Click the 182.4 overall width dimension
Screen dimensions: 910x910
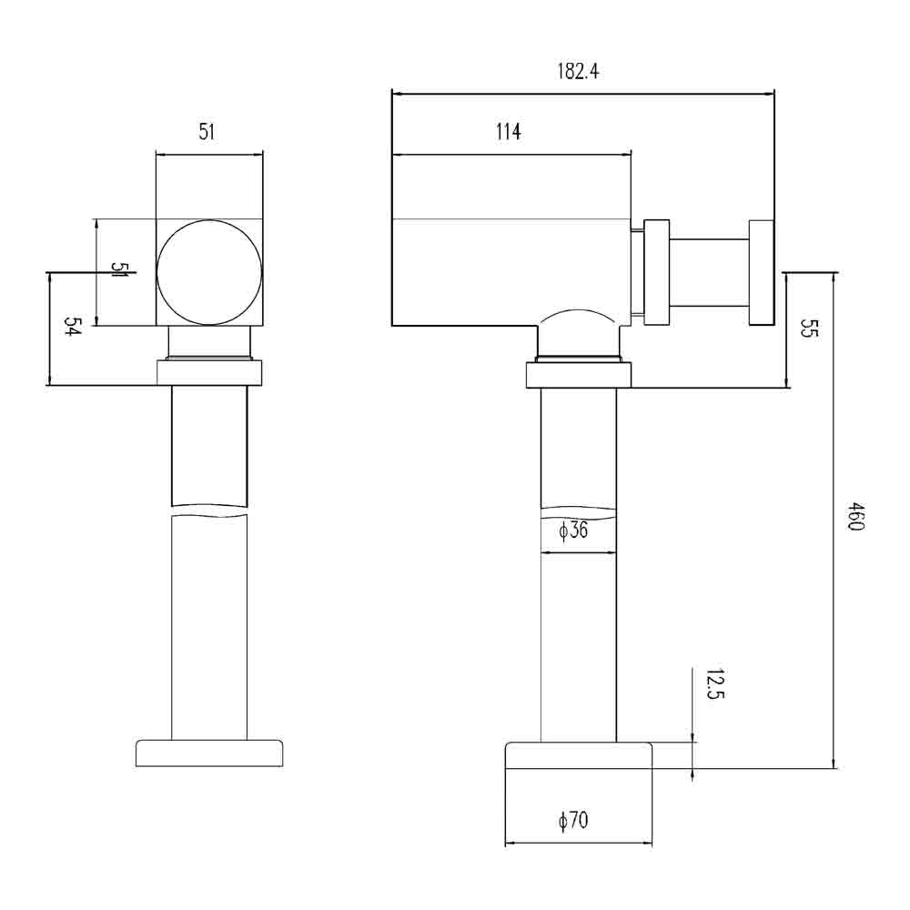pyautogui.click(x=578, y=72)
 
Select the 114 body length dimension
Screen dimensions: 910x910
pyautogui.click(x=508, y=132)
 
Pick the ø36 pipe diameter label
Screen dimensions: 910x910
pyautogui.click(x=573, y=531)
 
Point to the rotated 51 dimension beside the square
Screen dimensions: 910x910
pyautogui.click(x=120, y=270)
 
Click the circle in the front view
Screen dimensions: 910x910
pyautogui.click(x=209, y=272)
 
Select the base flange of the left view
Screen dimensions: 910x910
pyautogui.click(x=209, y=753)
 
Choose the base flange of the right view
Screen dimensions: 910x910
pyautogui.click(x=579, y=755)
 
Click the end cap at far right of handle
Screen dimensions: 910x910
pyautogui.click(x=761, y=271)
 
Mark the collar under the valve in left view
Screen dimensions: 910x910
pyautogui.click(x=209, y=373)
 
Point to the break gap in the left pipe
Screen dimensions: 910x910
pyautogui.click(x=209, y=511)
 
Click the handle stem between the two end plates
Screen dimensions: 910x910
pyautogui.click(x=709, y=271)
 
